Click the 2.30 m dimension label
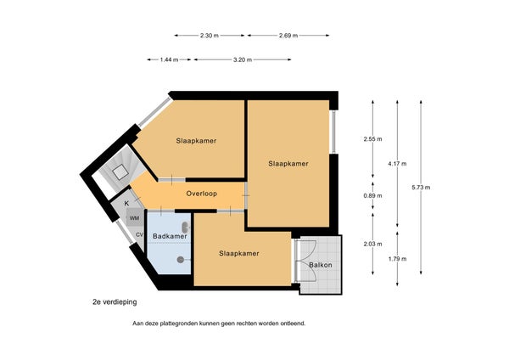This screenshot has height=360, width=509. tap(210, 36)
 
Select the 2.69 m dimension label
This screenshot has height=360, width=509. tap(288, 36)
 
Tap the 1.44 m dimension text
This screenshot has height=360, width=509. tap(169, 59)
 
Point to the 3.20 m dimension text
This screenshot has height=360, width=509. tap(243, 59)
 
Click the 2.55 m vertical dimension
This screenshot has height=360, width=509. tap(373, 139)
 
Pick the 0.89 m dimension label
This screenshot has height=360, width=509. tap(373, 195)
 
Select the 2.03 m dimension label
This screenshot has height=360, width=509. tap(373, 244)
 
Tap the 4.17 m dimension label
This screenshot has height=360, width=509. tap(397, 164)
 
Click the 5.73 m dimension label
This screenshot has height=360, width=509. tap(421, 188)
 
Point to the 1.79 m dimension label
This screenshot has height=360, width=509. tap(397, 259)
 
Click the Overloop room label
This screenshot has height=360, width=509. tap(202, 194)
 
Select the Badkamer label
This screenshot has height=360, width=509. tap(170, 236)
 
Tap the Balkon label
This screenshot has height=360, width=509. tap(321, 265)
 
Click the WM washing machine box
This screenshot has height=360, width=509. tap(135, 217)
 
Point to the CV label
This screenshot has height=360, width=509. tap(140, 234)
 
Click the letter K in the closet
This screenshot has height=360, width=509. tap(126, 204)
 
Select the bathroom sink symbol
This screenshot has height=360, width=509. tap(186, 228)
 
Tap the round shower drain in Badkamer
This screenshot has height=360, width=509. tap(181, 259)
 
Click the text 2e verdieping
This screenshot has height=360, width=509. tap(115, 302)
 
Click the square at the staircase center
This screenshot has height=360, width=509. tap(120, 172)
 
